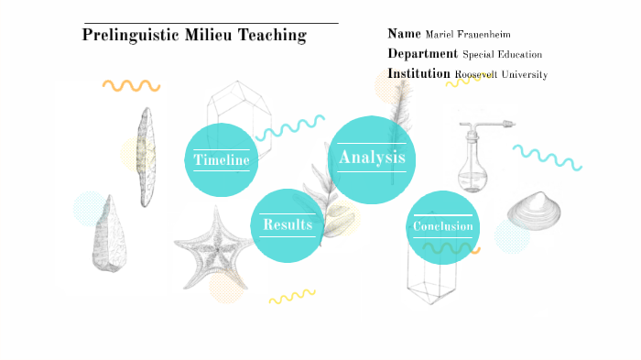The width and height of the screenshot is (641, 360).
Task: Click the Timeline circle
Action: point(222,160)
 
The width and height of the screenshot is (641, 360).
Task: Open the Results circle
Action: point(288,224)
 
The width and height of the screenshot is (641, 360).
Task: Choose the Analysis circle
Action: point(371,158)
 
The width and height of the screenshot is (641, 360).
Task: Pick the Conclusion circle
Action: point(442,226)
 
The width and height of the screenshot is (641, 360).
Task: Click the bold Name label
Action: point(404,34)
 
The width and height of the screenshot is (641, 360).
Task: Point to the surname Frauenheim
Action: point(492,35)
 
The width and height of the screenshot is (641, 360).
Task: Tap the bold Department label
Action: point(422,54)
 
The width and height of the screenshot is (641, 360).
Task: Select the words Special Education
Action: point(502,55)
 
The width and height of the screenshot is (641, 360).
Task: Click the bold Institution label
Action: point(418,73)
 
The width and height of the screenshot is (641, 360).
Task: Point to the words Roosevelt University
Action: point(501,74)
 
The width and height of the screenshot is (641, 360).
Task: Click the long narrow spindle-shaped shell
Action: point(145,156)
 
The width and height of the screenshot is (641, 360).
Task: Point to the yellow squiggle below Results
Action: point(291,296)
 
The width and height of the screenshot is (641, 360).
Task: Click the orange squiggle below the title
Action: point(131,85)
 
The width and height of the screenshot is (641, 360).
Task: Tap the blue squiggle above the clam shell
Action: point(548,156)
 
